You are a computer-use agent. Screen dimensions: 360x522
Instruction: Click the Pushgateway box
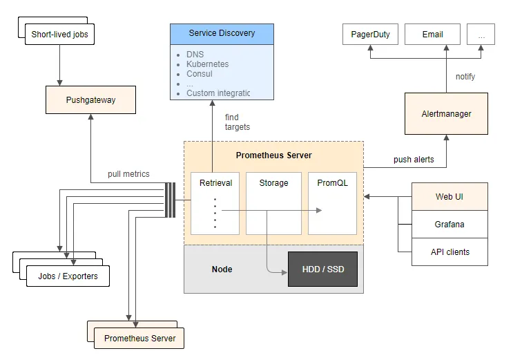click(90, 100)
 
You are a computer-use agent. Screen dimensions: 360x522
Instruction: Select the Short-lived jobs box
click(60, 34)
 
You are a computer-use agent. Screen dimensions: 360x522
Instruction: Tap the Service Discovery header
click(222, 33)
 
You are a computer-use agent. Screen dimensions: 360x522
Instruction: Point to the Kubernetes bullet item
click(207, 64)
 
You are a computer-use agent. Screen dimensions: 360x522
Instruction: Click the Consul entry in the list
click(200, 74)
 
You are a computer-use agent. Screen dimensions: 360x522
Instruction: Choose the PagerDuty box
click(370, 34)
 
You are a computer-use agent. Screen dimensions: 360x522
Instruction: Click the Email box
click(432, 34)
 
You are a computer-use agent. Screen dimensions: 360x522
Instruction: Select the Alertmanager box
click(446, 113)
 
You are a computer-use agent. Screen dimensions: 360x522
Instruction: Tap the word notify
click(465, 77)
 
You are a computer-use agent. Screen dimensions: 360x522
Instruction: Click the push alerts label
click(414, 160)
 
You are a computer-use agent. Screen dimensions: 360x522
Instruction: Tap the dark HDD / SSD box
click(322, 269)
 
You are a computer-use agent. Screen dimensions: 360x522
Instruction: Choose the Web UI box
click(449, 197)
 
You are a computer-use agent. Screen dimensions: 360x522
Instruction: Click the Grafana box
click(449, 225)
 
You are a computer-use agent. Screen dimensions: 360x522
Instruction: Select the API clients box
click(449, 252)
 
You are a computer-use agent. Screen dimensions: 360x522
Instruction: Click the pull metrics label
click(128, 173)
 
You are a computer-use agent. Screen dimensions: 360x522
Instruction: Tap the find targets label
click(237, 122)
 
